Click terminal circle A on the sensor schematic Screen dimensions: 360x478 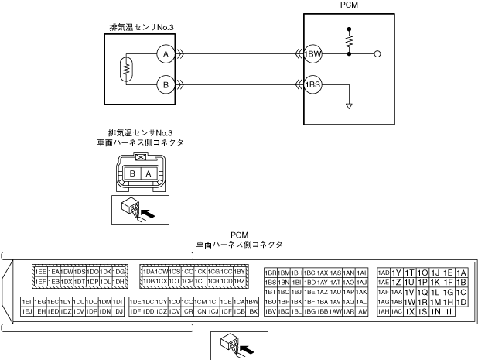163,54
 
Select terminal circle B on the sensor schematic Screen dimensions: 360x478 163,84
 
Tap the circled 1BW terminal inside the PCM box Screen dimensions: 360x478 312,54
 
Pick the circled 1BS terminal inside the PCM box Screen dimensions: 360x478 312,84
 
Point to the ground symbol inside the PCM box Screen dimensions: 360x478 349,105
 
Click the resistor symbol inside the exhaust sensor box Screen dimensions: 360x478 125,69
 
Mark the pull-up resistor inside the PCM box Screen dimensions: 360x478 349,37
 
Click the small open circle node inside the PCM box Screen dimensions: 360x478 377,54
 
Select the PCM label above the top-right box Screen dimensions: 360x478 349,5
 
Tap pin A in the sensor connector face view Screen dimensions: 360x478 149,174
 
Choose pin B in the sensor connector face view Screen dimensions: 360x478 133,174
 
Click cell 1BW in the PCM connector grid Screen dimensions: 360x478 252,301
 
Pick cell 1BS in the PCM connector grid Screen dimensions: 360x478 271,283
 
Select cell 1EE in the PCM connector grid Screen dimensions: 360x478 40,273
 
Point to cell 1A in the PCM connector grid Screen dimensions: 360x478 462,273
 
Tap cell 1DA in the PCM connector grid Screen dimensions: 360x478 149,273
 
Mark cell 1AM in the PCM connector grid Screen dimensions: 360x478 361,311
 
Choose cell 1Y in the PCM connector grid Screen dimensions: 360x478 397,273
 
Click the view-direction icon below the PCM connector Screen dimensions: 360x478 240,345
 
